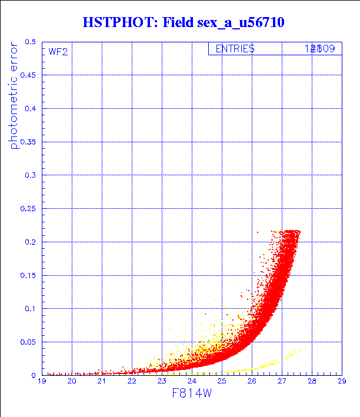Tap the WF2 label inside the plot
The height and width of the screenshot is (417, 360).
[x=58, y=52]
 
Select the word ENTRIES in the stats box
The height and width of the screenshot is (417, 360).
[x=235, y=49]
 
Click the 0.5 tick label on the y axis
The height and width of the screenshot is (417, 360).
[x=30, y=42]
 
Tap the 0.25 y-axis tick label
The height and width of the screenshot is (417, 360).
[x=28, y=209]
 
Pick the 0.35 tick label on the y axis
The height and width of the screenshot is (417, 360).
[x=28, y=142]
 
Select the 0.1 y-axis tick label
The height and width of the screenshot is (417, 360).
[x=30, y=309]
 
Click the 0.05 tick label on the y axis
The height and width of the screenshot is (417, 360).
[x=28, y=342]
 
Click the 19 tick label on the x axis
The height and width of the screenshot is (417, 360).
[x=42, y=382]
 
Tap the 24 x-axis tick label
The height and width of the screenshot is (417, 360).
[x=192, y=382]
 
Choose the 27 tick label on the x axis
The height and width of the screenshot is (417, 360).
[x=282, y=382]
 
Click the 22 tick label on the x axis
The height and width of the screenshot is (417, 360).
[x=132, y=382]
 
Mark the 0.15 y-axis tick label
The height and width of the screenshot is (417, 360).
[x=28, y=275]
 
